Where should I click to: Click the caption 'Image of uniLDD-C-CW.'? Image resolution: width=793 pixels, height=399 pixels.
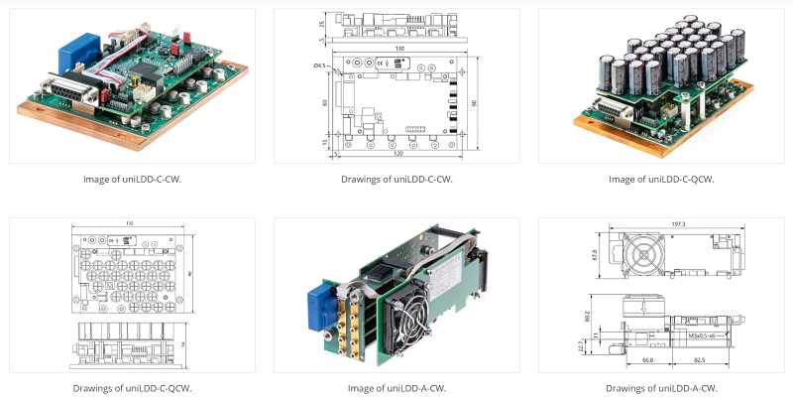pyautogui.click(x=132, y=180)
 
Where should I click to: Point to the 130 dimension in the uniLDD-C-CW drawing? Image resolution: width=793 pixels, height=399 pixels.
pyautogui.click(x=397, y=48)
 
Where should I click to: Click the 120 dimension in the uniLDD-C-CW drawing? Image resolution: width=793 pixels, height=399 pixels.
pyautogui.click(x=396, y=155)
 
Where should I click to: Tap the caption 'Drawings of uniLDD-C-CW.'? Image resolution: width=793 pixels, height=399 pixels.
pyautogui.click(x=396, y=180)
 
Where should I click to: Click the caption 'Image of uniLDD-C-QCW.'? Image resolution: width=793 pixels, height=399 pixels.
pyautogui.click(x=661, y=180)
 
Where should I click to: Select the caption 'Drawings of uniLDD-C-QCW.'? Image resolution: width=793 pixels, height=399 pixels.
pyautogui.click(x=132, y=388)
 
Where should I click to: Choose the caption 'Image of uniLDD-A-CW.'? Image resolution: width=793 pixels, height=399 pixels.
pyautogui.click(x=396, y=388)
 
